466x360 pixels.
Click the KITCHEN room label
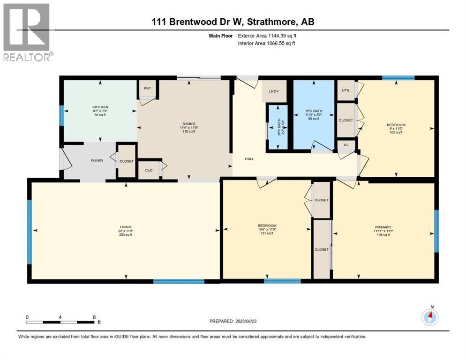click(x=100, y=107)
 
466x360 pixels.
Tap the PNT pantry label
click(x=147, y=88)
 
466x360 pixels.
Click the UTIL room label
click(x=346, y=90)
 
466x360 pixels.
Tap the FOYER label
click(x=96, y=161)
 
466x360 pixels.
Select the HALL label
click(x=249, y=159)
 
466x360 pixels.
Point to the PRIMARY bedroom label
click(x=382, y=227)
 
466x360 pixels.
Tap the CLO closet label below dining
click(x=149, y=170)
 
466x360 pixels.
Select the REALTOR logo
click(x=27, y=32)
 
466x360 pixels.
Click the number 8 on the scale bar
click(x=94, y=317)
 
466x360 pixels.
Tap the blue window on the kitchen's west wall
click(x=61, y=115)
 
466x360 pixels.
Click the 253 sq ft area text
click(x=125, y=235)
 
